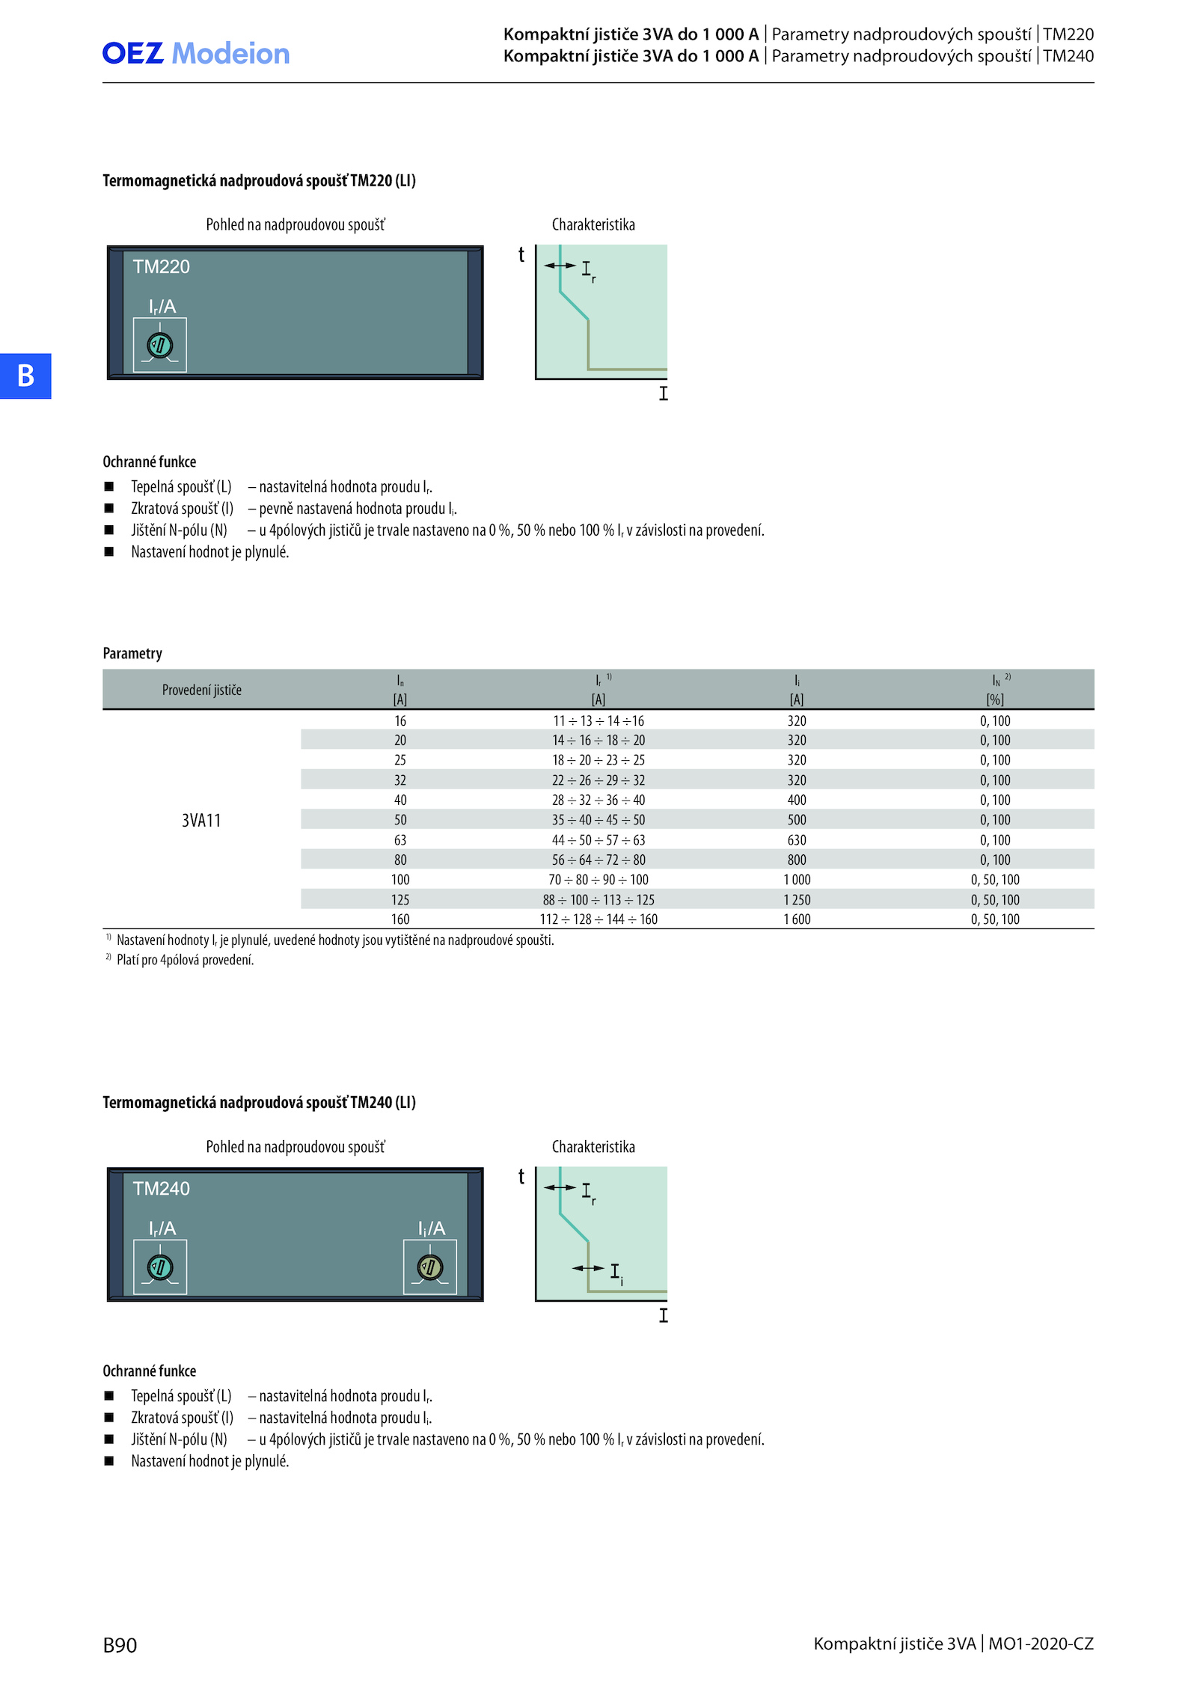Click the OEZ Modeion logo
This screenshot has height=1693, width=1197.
click(x=196, y=53)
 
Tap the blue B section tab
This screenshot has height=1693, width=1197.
click(x=25, y=376)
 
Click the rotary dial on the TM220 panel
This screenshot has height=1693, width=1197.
click(x=160, y=345)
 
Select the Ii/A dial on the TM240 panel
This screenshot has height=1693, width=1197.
click(x=430, y=1267)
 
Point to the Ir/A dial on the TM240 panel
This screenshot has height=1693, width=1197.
click(x=160, y=1267)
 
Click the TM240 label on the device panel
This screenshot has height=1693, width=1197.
click(x=162, y=1189)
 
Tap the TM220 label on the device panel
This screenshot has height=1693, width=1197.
click(x=162, y=267)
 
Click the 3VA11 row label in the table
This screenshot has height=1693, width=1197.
click(x=201, y=821)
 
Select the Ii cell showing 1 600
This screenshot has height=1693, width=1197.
click(x=797, y=919)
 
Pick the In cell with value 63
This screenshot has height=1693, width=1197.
click(x=400, y=840)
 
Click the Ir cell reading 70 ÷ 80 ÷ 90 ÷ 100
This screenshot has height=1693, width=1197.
click(x=598, y=880)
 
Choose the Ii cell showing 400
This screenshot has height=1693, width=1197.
click(x=797, y=800)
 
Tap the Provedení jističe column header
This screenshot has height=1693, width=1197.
click(x=202, y=690)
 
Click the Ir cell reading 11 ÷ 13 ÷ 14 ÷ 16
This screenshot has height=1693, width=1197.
click(x=598, y=721)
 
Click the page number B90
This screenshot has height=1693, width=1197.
click(x=120, y=1645)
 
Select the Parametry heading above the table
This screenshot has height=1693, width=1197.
click(x=132, y=653)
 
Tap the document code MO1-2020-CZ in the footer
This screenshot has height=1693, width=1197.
click(x=1041, y=1644)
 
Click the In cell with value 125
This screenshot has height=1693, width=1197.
click(x=400, y=900)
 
